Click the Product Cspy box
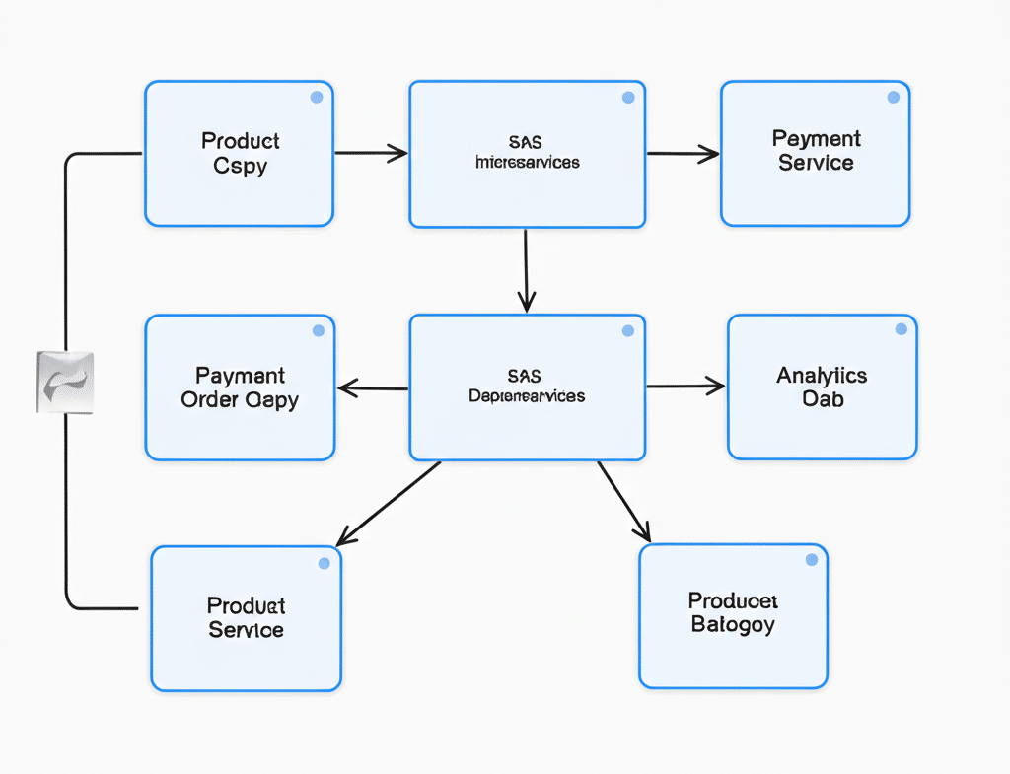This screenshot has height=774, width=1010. coord(239,154)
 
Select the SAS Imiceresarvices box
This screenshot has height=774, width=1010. coord(527,154)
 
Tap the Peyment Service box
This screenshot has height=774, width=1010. coord(815,154)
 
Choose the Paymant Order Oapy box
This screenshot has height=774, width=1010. coord(240,387)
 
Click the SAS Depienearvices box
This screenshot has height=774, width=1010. coord(527,387)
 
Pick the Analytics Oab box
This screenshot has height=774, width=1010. coord(822,387)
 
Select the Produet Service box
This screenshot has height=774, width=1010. coord(246,618)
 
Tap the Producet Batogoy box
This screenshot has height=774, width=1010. coord(733,615)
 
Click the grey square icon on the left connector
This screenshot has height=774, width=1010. coord(64,382)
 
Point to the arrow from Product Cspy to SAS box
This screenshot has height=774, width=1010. coord(371,153)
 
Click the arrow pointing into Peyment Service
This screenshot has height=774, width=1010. coord(683,153)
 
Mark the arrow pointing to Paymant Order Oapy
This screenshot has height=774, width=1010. coord(373,388)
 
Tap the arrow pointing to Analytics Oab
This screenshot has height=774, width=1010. coord(685,387)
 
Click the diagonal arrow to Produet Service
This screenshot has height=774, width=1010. coord(389,503)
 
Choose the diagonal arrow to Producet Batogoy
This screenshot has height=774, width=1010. coord(624,502)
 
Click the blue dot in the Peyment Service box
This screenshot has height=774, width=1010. coord(893,98)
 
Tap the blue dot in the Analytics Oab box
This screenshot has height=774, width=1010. coord(901,329)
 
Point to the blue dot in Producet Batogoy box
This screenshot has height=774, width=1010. coord(812,560)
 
